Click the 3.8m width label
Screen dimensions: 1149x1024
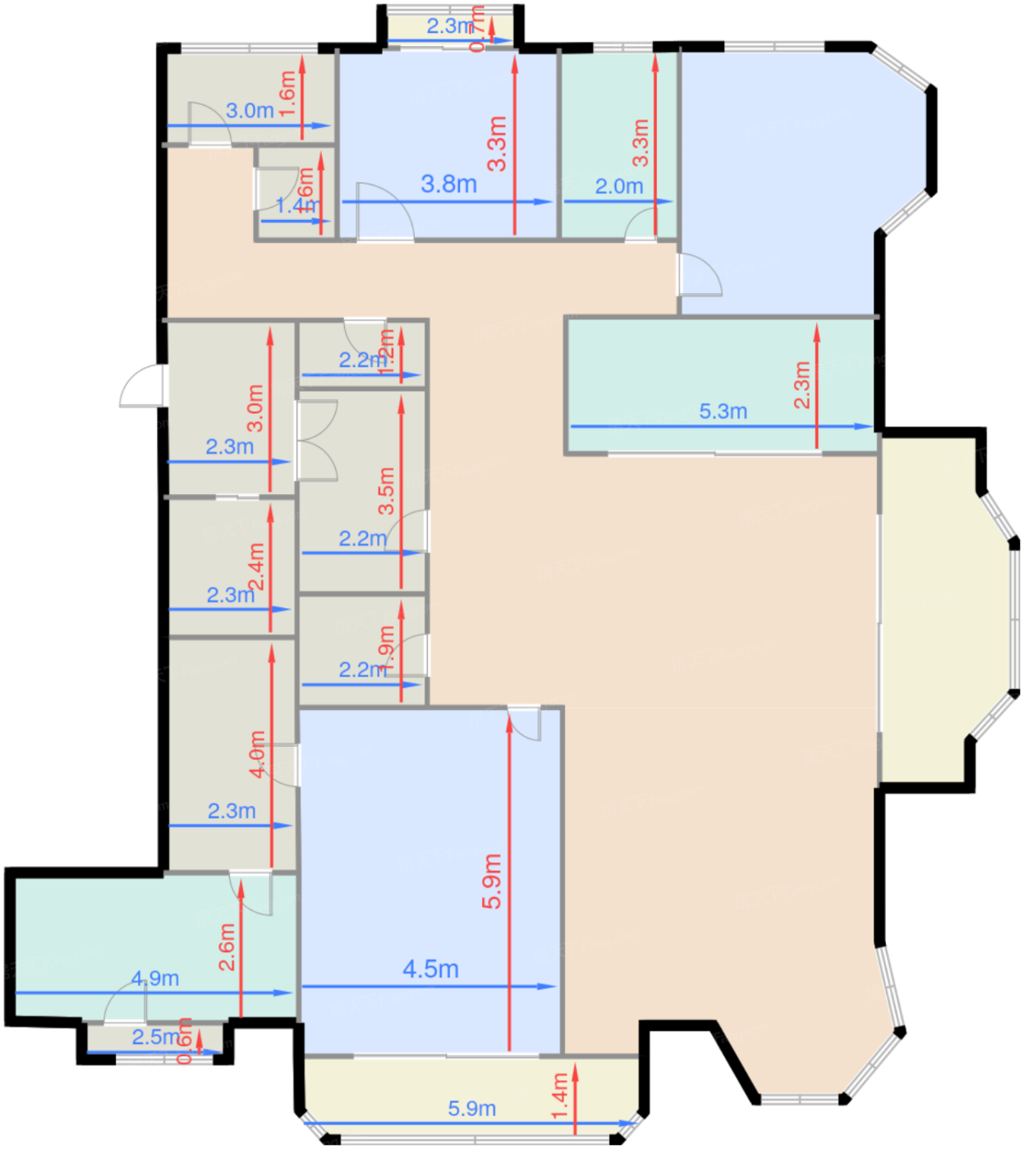pos(448,184)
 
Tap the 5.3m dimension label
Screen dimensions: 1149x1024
pos(723,410)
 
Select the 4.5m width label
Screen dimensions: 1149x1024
pos(430,969)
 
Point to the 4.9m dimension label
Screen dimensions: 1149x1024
pos(155,978)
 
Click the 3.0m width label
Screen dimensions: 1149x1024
pos(250,110)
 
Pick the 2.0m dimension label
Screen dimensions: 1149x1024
pos(618,186)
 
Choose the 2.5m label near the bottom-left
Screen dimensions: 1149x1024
pos(156,1037)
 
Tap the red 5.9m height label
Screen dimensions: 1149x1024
pos(491,881)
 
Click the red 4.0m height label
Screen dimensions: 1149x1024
pos(257,753)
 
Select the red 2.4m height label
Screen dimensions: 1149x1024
pos(257,566)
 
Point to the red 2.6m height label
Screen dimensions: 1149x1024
pos(227,946)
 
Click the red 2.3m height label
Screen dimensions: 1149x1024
pos(802,384)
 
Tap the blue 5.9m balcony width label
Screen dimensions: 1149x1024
pos(471,1109)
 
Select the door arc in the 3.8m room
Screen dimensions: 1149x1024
pos(384,211)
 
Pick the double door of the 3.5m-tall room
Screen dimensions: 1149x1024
pos(317,440)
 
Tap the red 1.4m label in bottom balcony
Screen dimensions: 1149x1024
pos(560,1096)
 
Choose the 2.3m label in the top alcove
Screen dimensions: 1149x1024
pos(450,25)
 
